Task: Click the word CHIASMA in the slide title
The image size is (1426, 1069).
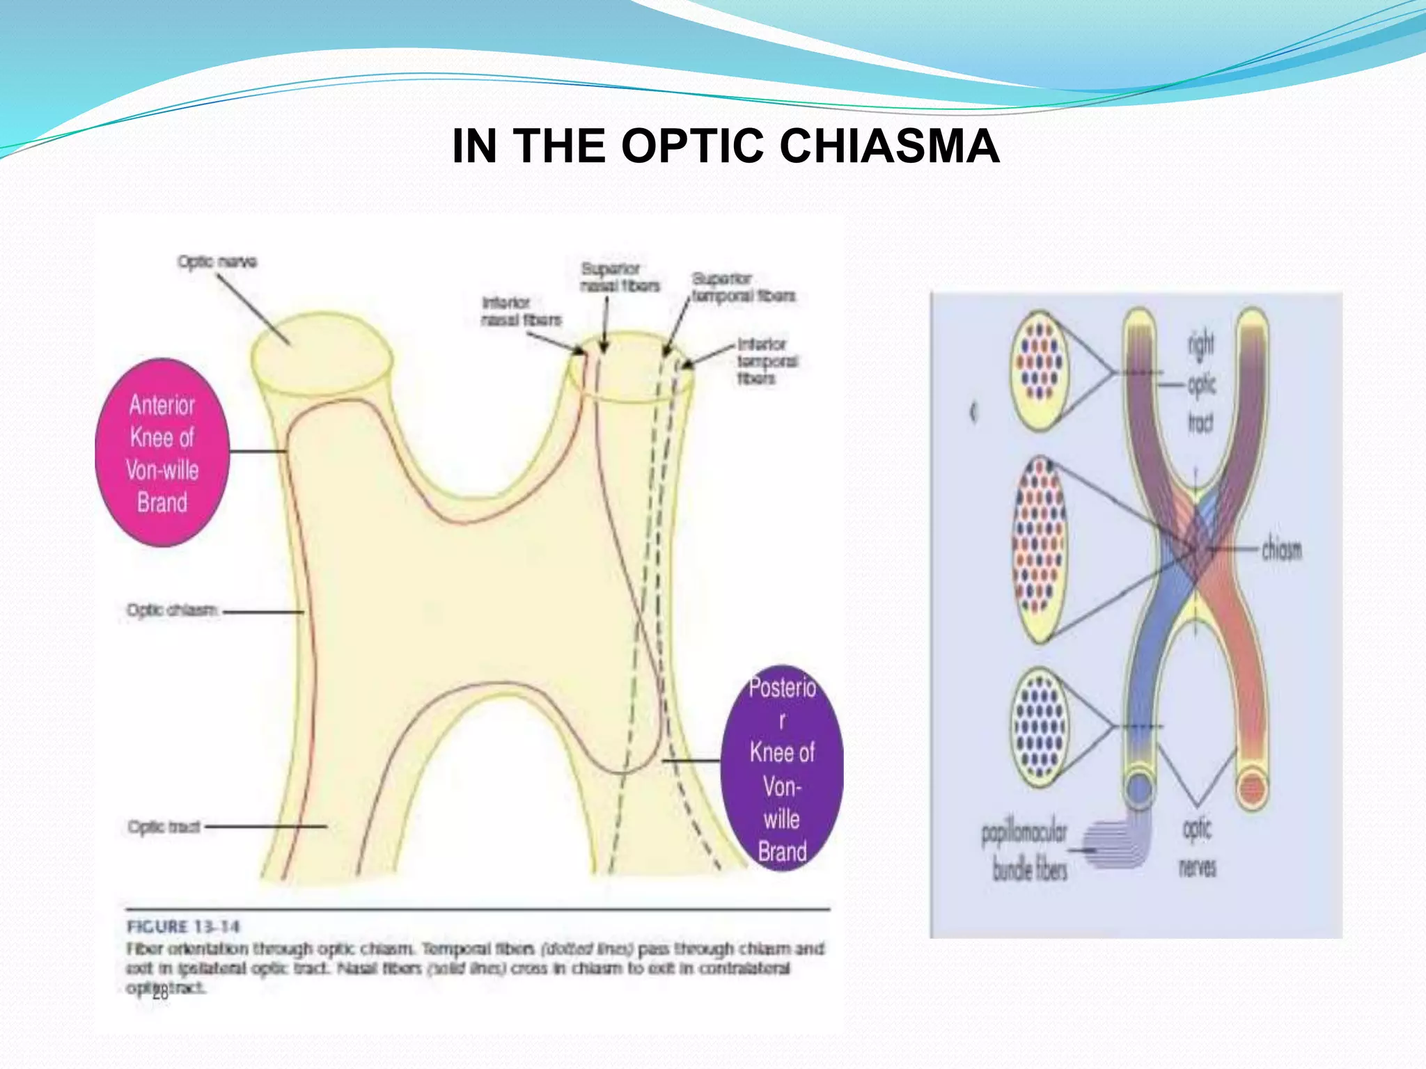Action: click(889, 146)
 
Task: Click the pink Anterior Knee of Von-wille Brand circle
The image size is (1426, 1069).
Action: click(162, 453)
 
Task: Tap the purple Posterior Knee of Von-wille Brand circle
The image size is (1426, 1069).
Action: click(782, 768)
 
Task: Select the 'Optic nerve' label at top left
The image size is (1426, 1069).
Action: click(217, 262)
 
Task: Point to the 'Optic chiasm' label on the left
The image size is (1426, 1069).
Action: click(172, 610)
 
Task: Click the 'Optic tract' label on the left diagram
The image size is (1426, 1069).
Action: click(164, 827)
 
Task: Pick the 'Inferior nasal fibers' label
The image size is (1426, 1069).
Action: click(521, 311)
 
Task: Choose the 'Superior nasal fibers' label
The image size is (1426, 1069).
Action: click(619, 277)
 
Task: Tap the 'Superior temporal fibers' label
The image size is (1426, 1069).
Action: click(742, 287)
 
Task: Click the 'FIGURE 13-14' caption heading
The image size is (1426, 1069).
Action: click(183, 927)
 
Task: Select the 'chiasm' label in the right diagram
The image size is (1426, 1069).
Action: click(1281, 550)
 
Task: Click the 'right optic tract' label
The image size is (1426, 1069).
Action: click(1201, 383)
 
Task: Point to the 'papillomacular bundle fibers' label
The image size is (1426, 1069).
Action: click(1025, 851)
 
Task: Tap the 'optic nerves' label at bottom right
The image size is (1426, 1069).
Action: click(1197, 847)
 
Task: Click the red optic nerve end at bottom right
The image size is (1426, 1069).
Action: click(1252, 789)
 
